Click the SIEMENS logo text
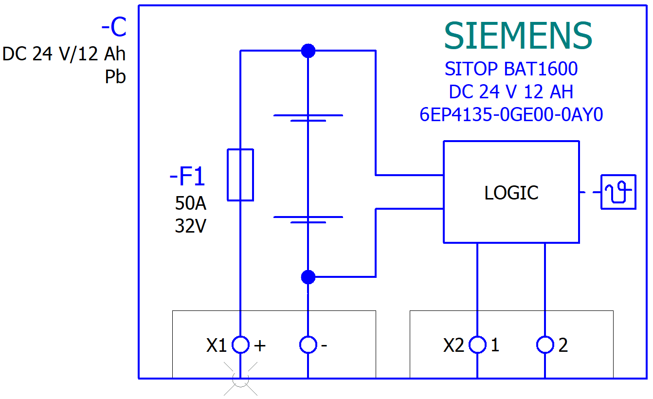(x=518, y=36)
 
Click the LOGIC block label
(x=511, y=193)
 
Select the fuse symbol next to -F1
(x=240, y=175)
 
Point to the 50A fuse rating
(x=190, y=203)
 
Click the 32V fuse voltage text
(x=190, y=226)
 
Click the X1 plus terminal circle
(x=240, y=345)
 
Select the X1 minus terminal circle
(x=308, y=345)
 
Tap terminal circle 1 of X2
(x=477, y=345)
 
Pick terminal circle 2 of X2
(x=545, y=345)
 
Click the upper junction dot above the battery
(x=308, y=51)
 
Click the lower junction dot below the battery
(x=308, y=277)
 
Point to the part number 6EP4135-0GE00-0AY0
(x=511, y=115)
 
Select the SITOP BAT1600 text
(x=511, y=69)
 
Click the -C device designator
(x=114, y=28)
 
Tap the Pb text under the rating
(x=115, y=77)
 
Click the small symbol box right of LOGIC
(x=618, y=192)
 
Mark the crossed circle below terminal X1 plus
(x=240, y=378)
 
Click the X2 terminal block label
(x=453, y=345)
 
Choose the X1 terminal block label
(x=217, y=345)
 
